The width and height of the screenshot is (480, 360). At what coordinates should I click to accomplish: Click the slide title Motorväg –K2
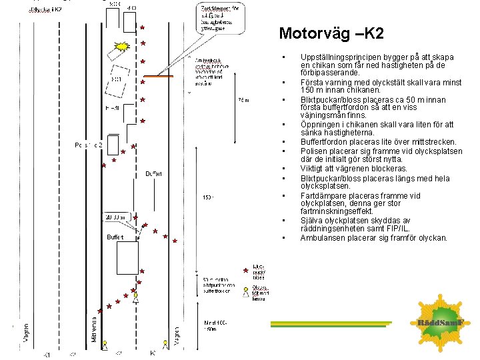click(331, 33)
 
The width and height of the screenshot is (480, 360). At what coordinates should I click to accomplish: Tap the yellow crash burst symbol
click(123, 47)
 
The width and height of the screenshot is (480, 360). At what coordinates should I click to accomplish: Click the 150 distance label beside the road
click(208, 197)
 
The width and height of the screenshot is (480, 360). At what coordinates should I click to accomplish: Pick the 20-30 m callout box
click(117, 217)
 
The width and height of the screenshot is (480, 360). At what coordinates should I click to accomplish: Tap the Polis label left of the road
click(87, 144)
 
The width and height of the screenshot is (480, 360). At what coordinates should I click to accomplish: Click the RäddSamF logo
click(445, 323)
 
